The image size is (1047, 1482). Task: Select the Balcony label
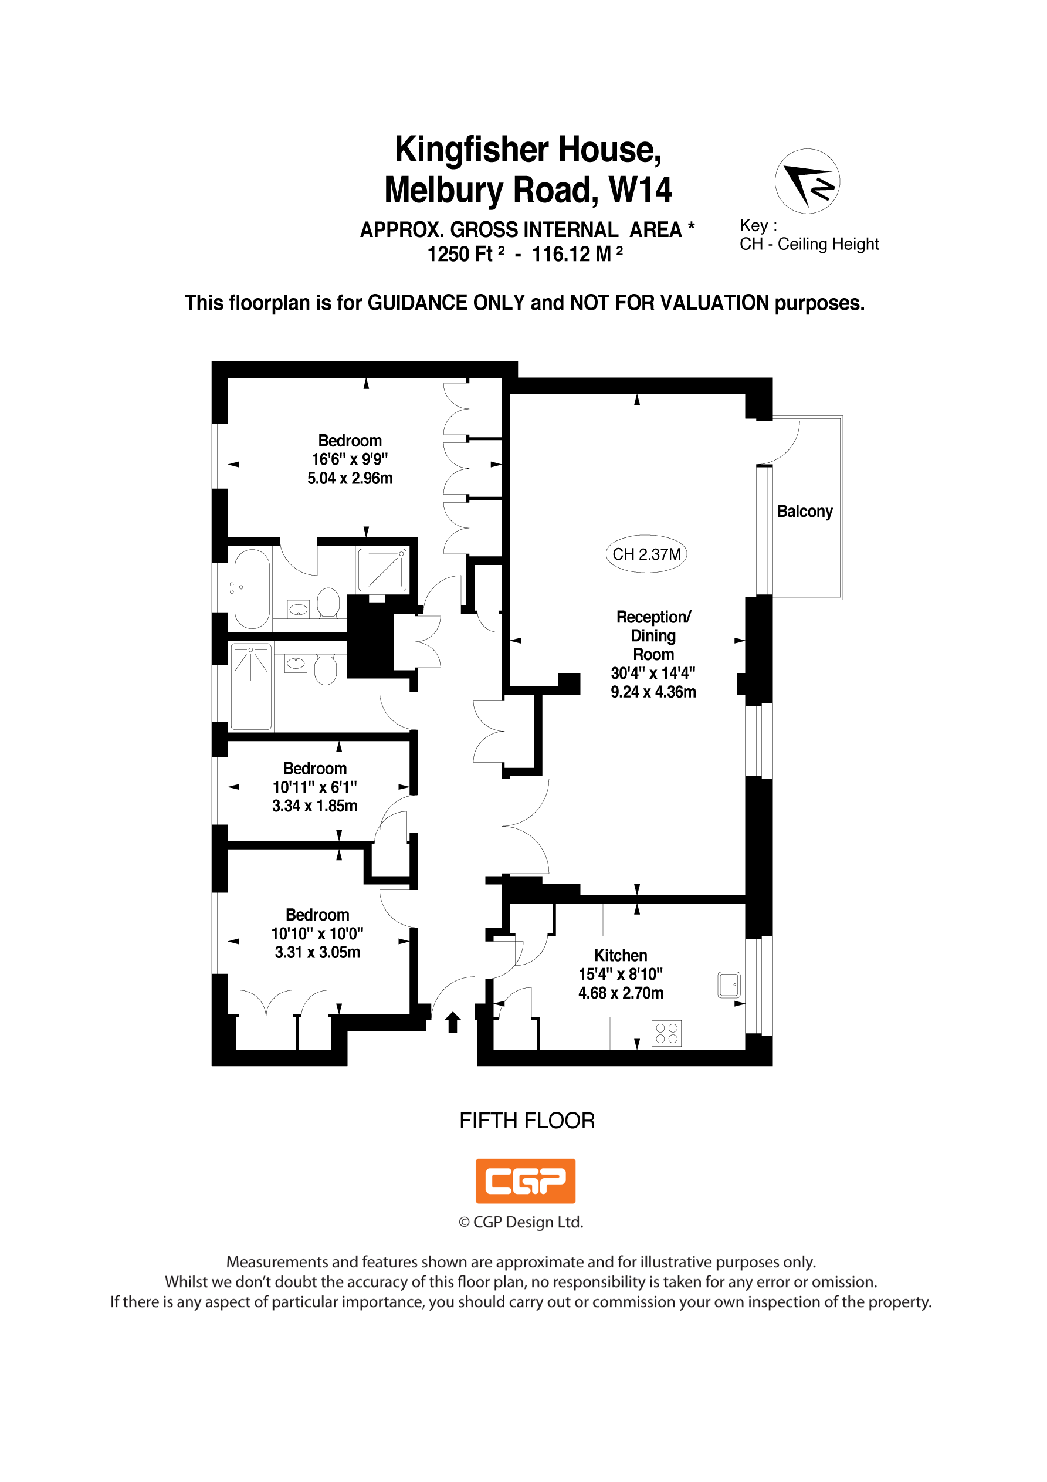804,511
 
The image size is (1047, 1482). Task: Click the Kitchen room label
621,955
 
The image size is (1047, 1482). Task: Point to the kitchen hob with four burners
666,1033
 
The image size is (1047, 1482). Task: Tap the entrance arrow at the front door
453,1022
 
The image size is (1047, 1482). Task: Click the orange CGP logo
526,1181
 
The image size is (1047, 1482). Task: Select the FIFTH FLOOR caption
527,1121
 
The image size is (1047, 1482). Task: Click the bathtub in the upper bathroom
252,588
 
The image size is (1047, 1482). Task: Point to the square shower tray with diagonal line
382,570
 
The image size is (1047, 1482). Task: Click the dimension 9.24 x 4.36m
653,692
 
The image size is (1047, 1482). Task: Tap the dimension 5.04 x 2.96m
350,478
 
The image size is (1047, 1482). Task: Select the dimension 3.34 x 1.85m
314,806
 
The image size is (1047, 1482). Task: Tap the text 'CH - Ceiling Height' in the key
809,244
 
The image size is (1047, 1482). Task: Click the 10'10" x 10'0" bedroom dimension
317,933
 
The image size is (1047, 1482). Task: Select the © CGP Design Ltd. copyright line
520,1222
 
